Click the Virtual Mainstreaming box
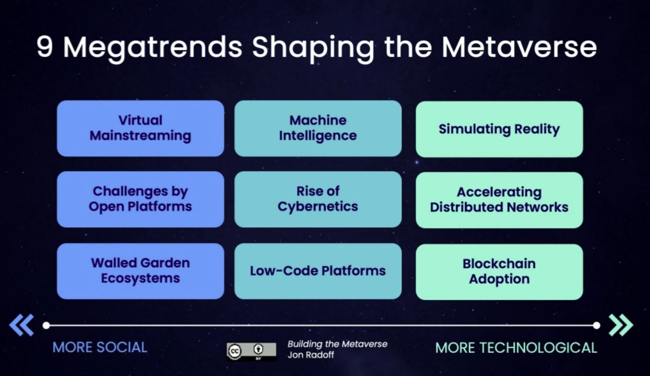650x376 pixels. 140,128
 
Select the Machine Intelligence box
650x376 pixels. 318,128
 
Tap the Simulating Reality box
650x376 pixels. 499,129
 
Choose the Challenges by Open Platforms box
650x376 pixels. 140,199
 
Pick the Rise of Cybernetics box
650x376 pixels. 318,199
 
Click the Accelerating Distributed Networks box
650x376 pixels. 499,200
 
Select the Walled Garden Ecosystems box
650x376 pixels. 140,271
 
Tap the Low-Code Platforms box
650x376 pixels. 318,271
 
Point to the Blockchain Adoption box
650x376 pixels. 499,272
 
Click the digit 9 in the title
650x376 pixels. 44,47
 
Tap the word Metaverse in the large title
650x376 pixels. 519,47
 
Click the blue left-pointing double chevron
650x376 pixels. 22,325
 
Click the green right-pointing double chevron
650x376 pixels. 621,325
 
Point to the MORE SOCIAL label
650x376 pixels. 100,347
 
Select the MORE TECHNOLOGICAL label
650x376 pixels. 516,347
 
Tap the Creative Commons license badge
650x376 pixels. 251,351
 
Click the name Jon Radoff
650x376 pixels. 311,355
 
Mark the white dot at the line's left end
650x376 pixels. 46,325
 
